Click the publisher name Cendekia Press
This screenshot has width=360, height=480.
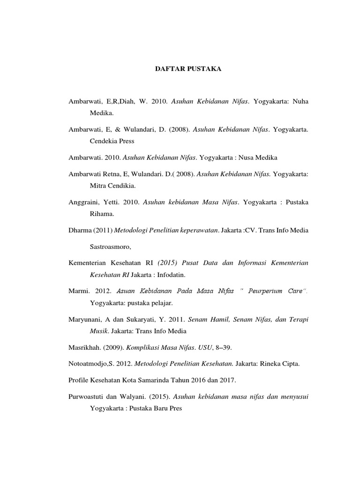click(x=112, y=140)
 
